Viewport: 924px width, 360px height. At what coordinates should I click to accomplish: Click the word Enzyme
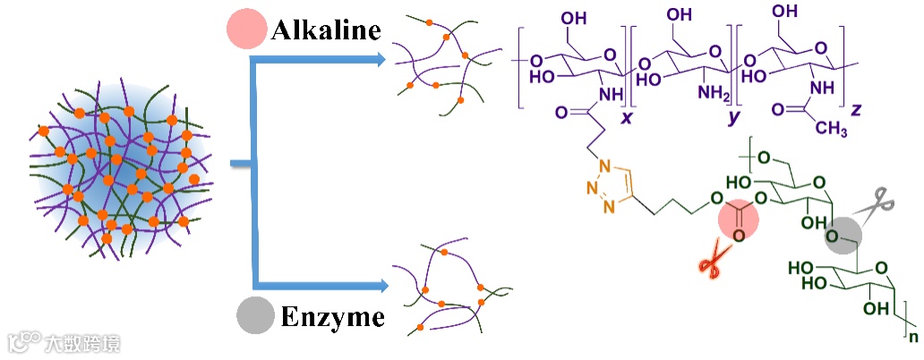pyautogui.click(x=332, y=316)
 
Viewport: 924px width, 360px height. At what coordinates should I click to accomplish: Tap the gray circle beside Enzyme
pyautogui.click(x=254, y=315)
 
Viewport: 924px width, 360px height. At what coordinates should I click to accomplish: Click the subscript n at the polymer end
pyautogui.click(x=912, y=337)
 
